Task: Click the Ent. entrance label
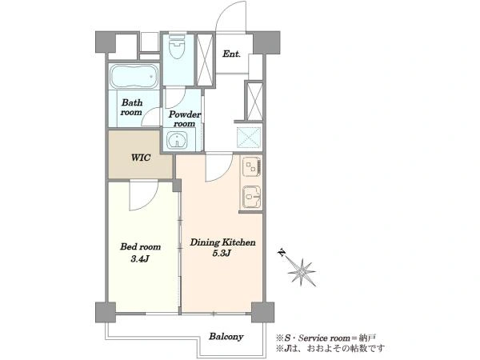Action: [x=231, y=54]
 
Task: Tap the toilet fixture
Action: [x=178, y=47]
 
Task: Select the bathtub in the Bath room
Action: [x=134, y=76]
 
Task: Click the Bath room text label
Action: [x=132, y=107]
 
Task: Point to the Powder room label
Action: [x=184, y=119]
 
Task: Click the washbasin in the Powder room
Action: [x=177, y=140]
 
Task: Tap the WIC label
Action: [x=141, y=158]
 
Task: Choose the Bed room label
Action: [x=141, y=246]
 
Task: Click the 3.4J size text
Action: [x=140, y=259]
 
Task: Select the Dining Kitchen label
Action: [x=223, y=242]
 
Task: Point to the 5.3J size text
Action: [x=222, y=254]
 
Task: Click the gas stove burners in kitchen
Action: [x=252, y=166]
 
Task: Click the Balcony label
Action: [x=226, y=337]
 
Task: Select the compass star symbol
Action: [x=302, y=272]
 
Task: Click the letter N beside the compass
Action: [x=282, y=253]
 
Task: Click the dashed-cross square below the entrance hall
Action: [x=249, y=138]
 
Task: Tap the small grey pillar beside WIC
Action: [x=177, y=186]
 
